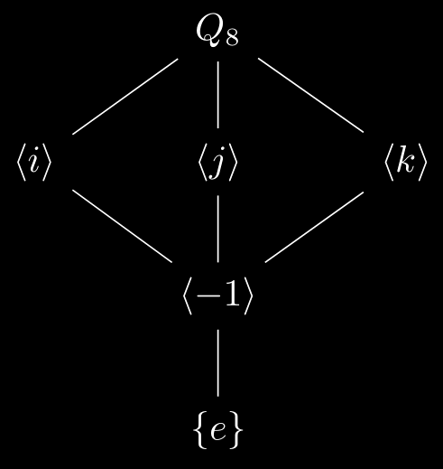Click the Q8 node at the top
point(217,31)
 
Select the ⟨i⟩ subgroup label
point(33,162)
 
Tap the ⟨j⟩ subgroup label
point(217,162)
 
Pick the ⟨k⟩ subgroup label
point(405,162)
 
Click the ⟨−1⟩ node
point(217,295)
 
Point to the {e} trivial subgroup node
point(217,429)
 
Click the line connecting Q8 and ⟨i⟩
point(125,97)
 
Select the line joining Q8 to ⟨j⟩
point(218,95)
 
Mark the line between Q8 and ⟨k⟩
point(311,95)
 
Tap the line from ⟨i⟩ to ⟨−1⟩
point(123,226)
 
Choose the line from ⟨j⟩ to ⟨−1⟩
point(218,229)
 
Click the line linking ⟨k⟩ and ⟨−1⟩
point(314,227)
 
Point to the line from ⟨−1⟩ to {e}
point(218,363)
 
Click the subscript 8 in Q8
point(233,39)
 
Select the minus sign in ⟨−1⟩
point(208,296)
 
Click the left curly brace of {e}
point(199,429)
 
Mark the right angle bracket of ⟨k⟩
point(422,162)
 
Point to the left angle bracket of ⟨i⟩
point(21,162)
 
